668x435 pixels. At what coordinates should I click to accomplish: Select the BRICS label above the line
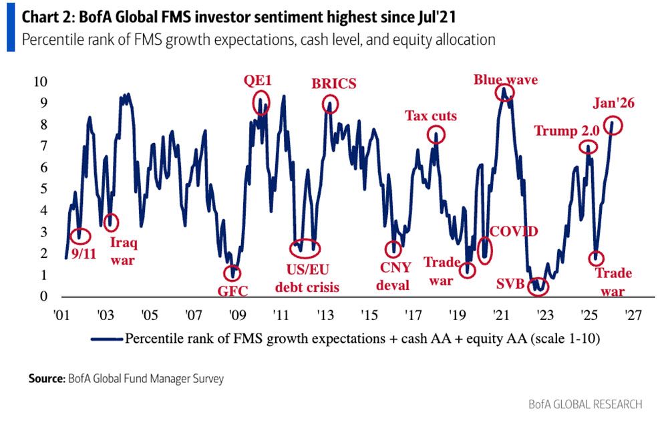(x=334, y=84)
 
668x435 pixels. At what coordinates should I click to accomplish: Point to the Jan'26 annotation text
(x=613, y=103)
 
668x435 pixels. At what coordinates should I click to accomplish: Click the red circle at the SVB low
(x=538, y=286)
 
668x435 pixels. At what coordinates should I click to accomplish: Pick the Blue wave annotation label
(x=506, y=80)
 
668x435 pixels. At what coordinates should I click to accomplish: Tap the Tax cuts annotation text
(x=431, y=116)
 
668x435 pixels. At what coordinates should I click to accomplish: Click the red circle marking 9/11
(x=80, y=235)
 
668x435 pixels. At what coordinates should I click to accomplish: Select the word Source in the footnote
(x=46, y=379)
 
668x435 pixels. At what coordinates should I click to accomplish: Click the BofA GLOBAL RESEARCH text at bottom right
(x=585, y=404)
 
